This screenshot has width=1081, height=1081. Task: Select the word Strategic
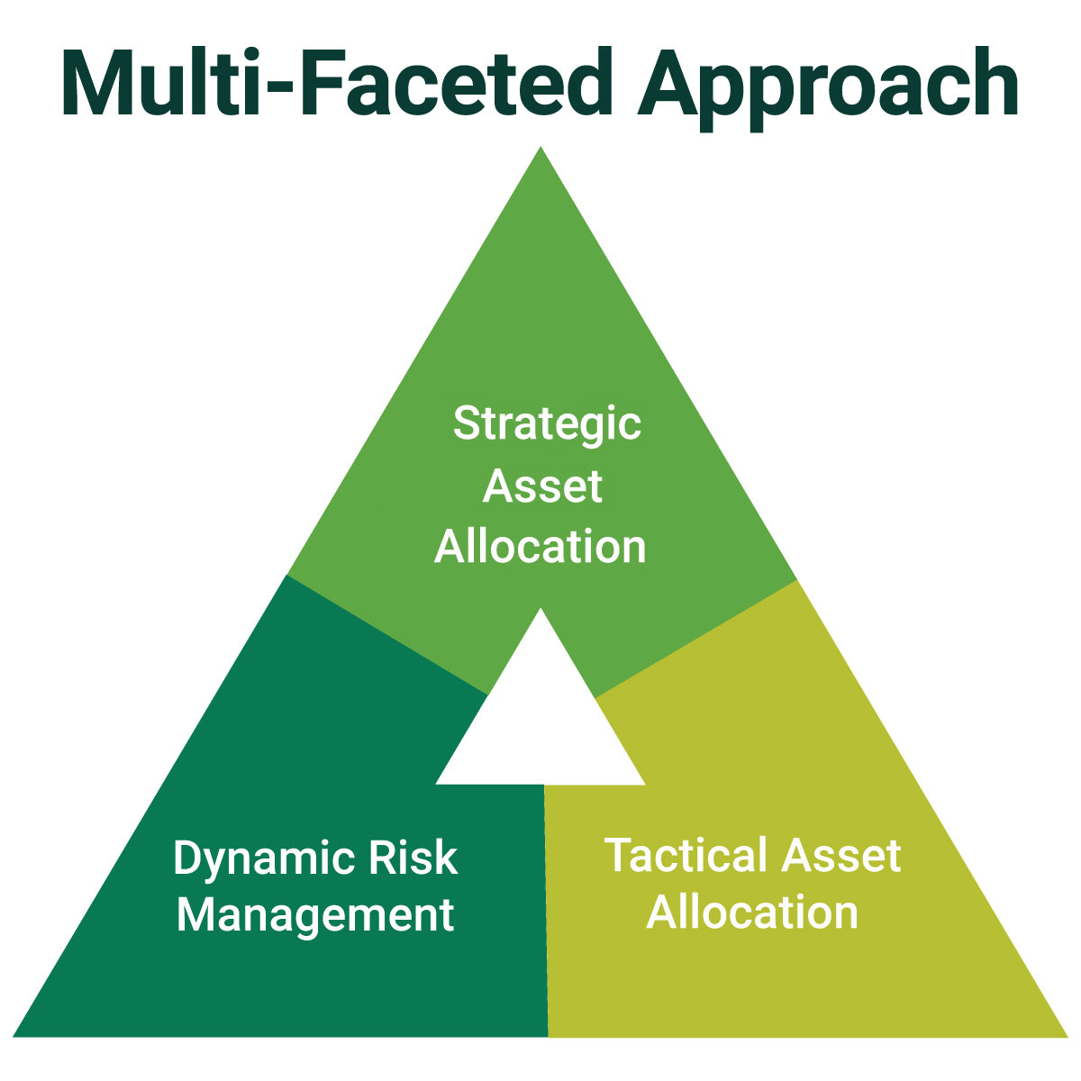point(547,423)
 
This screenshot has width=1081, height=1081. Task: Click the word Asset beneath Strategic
point(542,486)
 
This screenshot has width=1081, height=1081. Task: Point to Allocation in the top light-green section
point(540,547)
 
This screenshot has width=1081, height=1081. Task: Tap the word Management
point(315,915)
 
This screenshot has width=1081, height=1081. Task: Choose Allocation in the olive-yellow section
point(752,913)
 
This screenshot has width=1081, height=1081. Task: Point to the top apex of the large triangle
point(540,149)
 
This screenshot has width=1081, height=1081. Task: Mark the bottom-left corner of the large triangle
point(15,1035)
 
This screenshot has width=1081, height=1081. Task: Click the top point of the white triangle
point(540,610)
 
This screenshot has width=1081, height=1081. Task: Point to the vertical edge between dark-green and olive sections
point(546,910)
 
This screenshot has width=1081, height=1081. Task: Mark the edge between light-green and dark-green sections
point(387,634)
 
